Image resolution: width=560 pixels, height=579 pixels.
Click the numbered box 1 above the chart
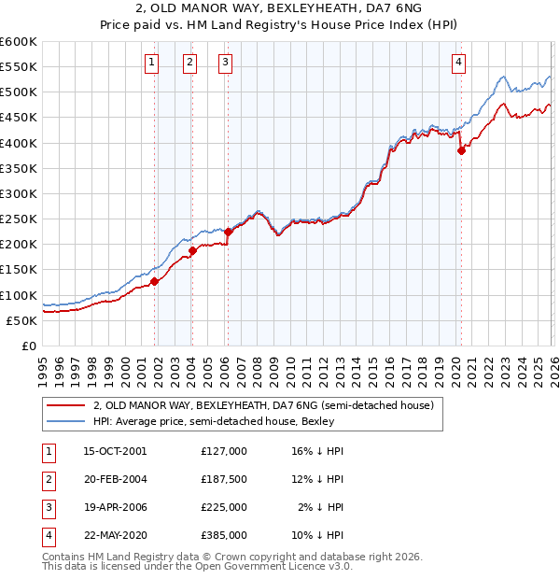[151, 63]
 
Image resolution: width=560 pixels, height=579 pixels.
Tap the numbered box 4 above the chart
[459, 63]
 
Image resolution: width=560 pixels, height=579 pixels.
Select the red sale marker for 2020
[461, 151]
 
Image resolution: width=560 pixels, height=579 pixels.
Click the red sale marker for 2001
[155, 281]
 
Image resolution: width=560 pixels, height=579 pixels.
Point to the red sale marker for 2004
[193, 250]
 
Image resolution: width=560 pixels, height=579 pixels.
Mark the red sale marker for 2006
[229, 232]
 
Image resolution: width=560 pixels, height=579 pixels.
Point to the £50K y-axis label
[21, 320]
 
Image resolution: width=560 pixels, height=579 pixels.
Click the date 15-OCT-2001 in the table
[115, 450]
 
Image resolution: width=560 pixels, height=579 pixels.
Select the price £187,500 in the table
[223, 479]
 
